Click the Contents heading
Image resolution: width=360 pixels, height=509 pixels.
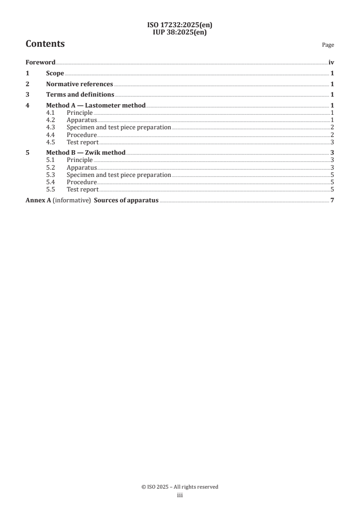[45, 44]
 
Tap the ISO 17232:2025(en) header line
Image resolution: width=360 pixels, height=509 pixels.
[180, 25]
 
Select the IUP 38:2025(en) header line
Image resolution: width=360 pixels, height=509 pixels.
[180, 32]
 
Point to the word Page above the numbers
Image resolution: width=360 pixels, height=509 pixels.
[328, 45]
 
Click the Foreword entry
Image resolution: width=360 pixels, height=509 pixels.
[40, 63]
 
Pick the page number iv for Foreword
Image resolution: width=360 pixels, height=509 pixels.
[331, 63]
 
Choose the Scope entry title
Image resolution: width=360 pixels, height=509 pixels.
[55, 73]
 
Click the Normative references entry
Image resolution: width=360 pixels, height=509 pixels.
[79, 84]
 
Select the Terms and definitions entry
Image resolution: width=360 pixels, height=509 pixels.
[80, 95]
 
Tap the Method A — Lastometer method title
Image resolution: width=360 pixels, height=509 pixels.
[96, 106]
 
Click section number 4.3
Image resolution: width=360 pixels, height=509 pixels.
[51, 127]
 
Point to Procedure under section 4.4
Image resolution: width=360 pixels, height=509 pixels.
[82, 135]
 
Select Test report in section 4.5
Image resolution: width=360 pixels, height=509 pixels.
[83, 142]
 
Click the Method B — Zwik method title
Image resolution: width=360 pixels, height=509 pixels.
[86, 153]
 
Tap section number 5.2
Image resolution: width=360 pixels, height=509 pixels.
[51, 167]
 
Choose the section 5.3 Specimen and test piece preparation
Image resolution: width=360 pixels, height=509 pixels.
[118, 175]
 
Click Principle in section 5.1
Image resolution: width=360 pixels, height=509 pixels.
[79, 160]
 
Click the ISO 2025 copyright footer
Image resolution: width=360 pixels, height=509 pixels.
[180, 487]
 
